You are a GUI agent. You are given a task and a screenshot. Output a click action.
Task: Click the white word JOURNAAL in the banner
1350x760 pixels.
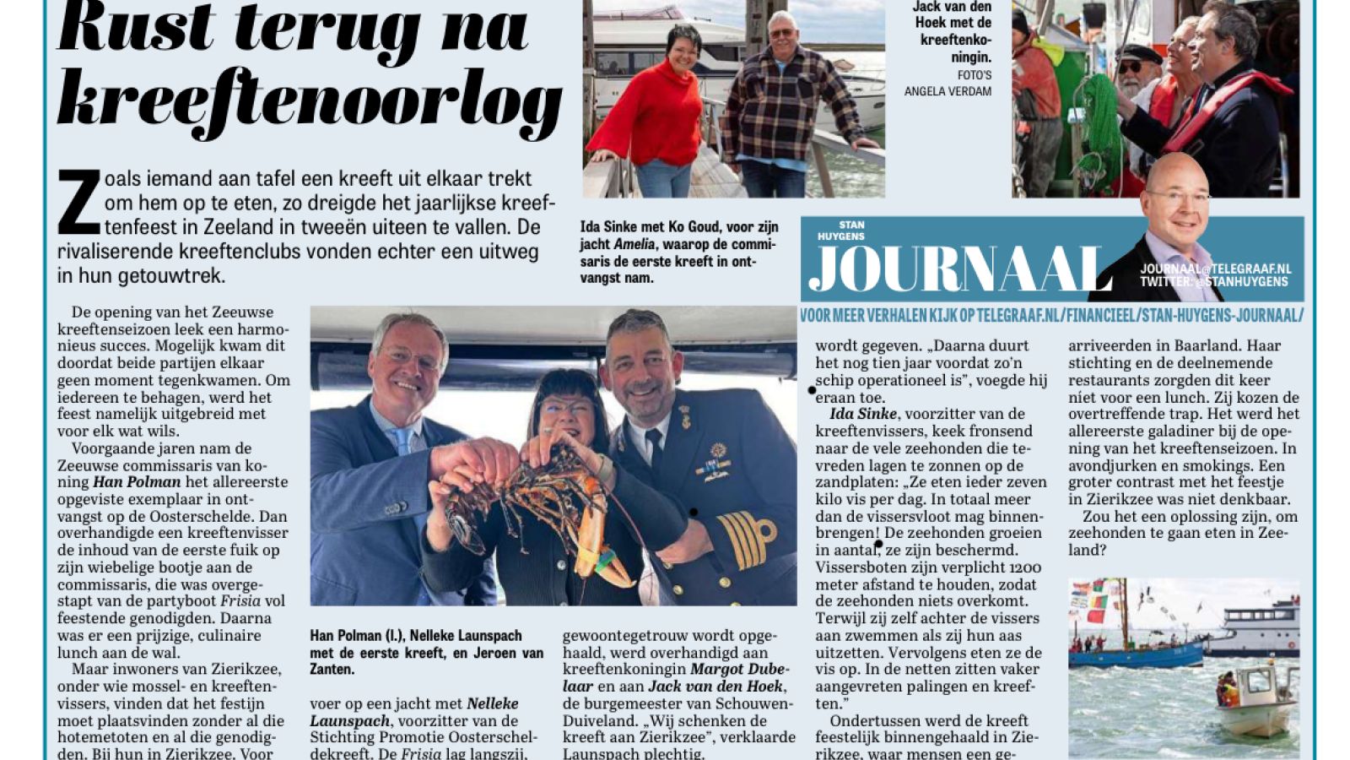click(958, 270)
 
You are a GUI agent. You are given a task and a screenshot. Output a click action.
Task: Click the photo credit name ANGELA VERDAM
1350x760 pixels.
click(948, 91)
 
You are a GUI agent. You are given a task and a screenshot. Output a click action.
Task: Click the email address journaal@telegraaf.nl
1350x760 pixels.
click(1215, 269)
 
